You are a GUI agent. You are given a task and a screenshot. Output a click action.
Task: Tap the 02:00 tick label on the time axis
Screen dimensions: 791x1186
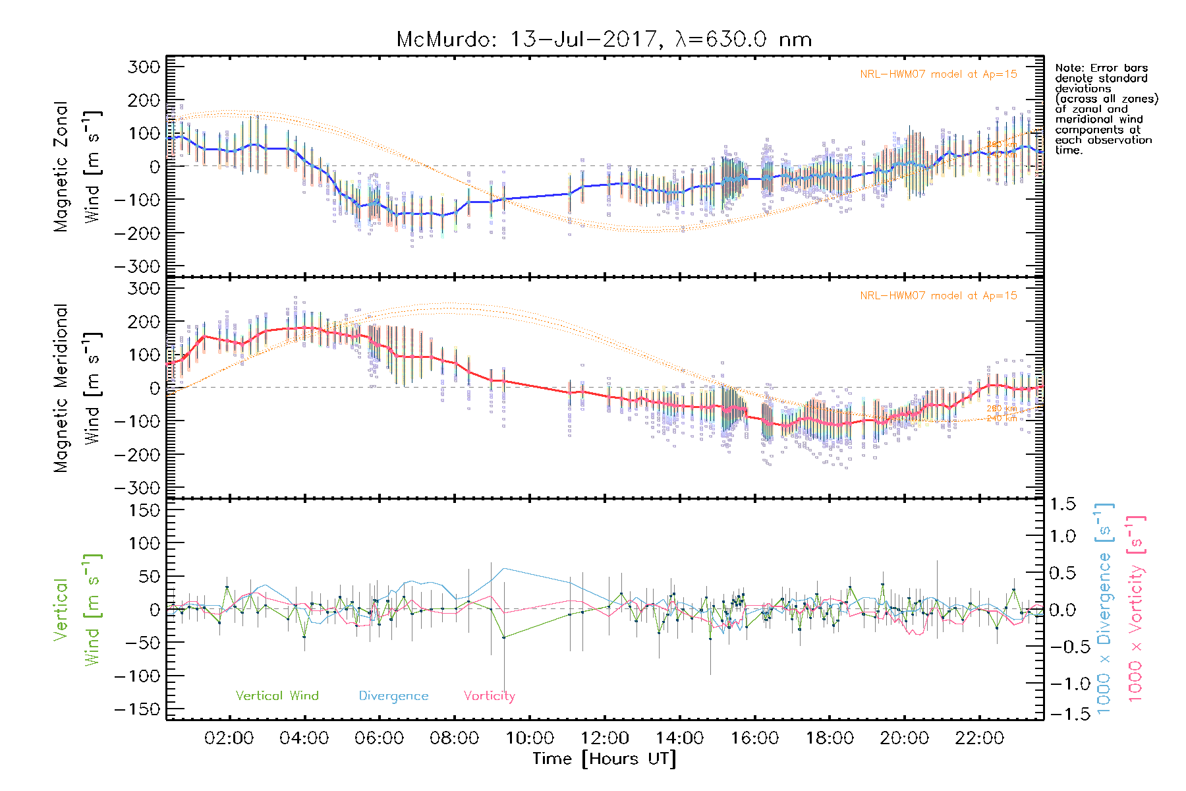229,738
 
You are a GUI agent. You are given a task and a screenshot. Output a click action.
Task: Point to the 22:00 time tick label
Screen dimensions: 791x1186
980,738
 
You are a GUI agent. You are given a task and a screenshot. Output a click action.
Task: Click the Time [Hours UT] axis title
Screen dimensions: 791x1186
604,759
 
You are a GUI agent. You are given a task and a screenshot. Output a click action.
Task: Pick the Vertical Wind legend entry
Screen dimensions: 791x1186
277,695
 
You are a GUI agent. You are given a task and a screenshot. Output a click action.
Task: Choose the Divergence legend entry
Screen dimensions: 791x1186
393,695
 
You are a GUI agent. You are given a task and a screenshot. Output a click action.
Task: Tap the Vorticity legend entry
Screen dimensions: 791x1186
489,695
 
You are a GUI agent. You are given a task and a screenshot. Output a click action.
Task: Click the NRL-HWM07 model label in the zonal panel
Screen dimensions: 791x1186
938,74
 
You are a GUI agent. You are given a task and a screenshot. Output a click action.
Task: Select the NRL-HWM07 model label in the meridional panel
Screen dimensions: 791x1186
938,296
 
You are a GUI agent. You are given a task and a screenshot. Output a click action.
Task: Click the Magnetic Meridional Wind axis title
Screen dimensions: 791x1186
78,388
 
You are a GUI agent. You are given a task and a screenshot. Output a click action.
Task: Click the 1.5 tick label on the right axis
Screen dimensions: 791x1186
1063,504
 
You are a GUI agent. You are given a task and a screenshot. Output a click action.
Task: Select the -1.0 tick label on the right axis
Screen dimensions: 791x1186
1063,683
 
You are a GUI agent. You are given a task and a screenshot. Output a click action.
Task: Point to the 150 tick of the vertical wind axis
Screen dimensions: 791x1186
145,510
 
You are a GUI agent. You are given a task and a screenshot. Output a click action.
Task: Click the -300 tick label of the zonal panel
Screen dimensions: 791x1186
137,266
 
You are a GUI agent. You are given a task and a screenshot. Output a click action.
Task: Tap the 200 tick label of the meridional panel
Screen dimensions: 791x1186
145,322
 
